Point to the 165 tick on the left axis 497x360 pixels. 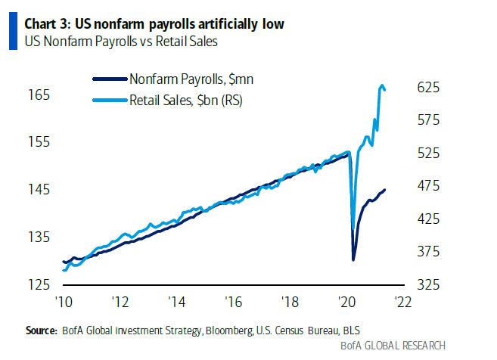[40, 95]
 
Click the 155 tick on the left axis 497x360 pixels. [40, 142]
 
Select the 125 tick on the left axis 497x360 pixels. [40, 284]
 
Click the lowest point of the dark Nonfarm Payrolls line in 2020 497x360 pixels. [353, 259]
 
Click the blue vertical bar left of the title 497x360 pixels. [11, 32]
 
